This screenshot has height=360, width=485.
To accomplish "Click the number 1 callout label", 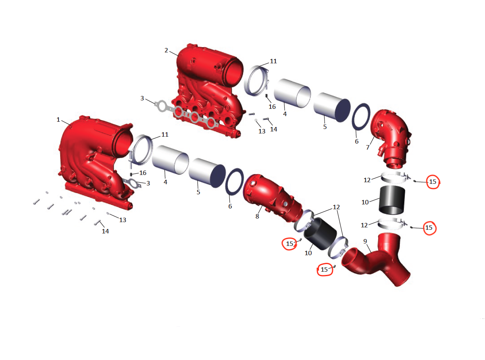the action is coord(58,120).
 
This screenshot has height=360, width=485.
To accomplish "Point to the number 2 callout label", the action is coord(166,50).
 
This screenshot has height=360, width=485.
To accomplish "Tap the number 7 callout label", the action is coord(368,148).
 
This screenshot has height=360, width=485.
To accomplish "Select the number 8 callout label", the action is coord(257,216).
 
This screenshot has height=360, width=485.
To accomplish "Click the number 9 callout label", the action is coord(365,241).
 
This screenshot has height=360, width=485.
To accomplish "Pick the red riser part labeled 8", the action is coord(273,197).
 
